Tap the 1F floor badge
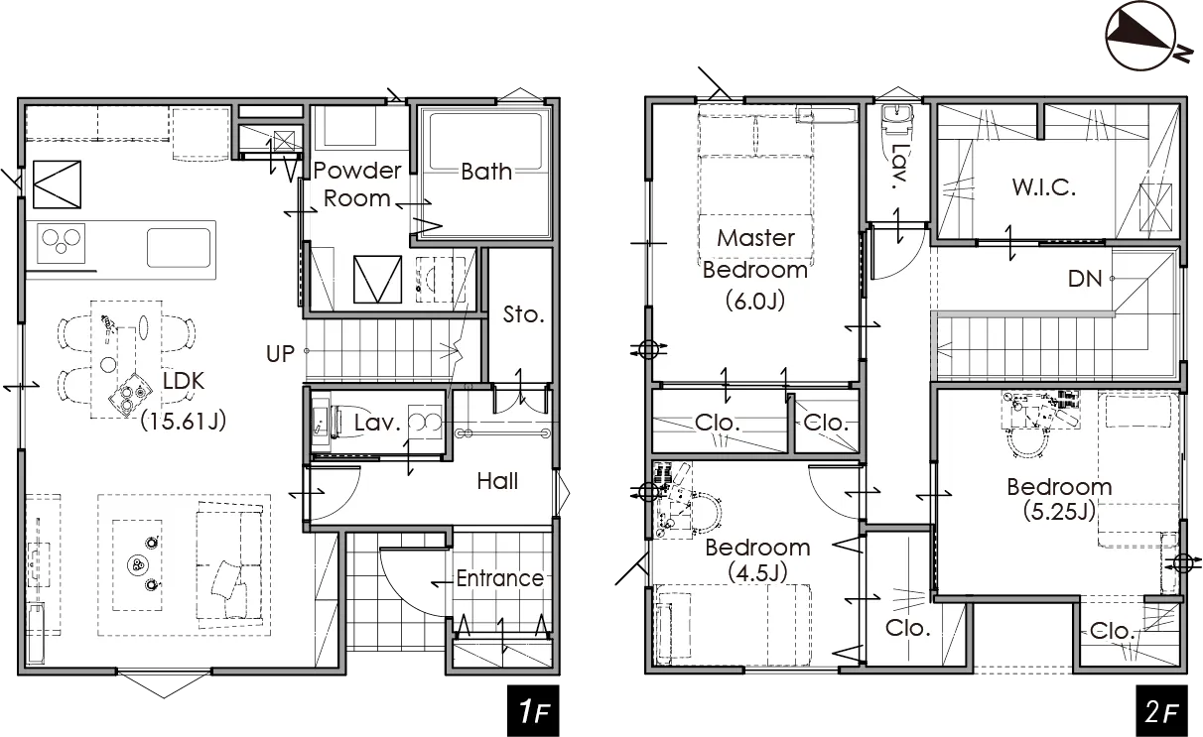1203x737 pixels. point(533,710)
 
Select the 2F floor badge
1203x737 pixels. point(1161,710)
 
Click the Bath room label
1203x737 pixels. point(486,172)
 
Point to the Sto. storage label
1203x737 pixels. point(524,314)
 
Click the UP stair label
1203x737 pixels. point(280,354)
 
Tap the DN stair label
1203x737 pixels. point(1085,279)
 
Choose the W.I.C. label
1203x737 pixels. point(1044,187)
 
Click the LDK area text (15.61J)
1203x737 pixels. point(184,422)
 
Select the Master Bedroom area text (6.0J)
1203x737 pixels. point(755,301)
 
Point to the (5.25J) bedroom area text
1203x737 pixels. point(1059,511)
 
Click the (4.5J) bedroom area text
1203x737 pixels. point(757,572)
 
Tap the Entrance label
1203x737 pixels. point(500,578)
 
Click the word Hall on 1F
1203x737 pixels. point(497,481)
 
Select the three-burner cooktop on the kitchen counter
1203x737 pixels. point(62,244)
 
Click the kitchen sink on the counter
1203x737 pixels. point(179,247)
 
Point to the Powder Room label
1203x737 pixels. point(357,184)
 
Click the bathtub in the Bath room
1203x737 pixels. point(485,173)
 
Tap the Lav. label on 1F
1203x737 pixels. point(377,423)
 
